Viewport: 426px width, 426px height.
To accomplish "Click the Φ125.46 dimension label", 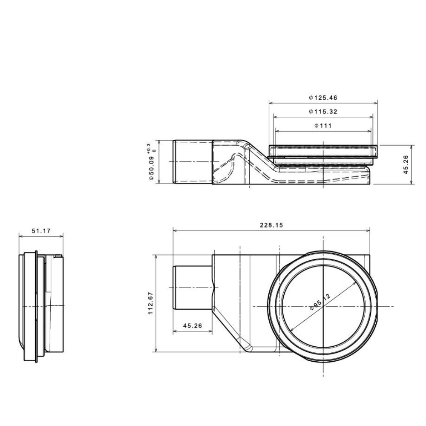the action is coord(323,98).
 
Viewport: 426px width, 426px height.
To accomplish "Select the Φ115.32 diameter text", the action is coord(323,111).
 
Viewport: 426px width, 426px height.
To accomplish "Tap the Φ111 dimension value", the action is coord(323,126).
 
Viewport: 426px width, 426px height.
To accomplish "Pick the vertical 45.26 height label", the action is coord(406,164).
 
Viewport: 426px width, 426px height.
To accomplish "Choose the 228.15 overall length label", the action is coord(271,225).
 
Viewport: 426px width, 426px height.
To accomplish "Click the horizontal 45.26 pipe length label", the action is coord(193,325).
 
